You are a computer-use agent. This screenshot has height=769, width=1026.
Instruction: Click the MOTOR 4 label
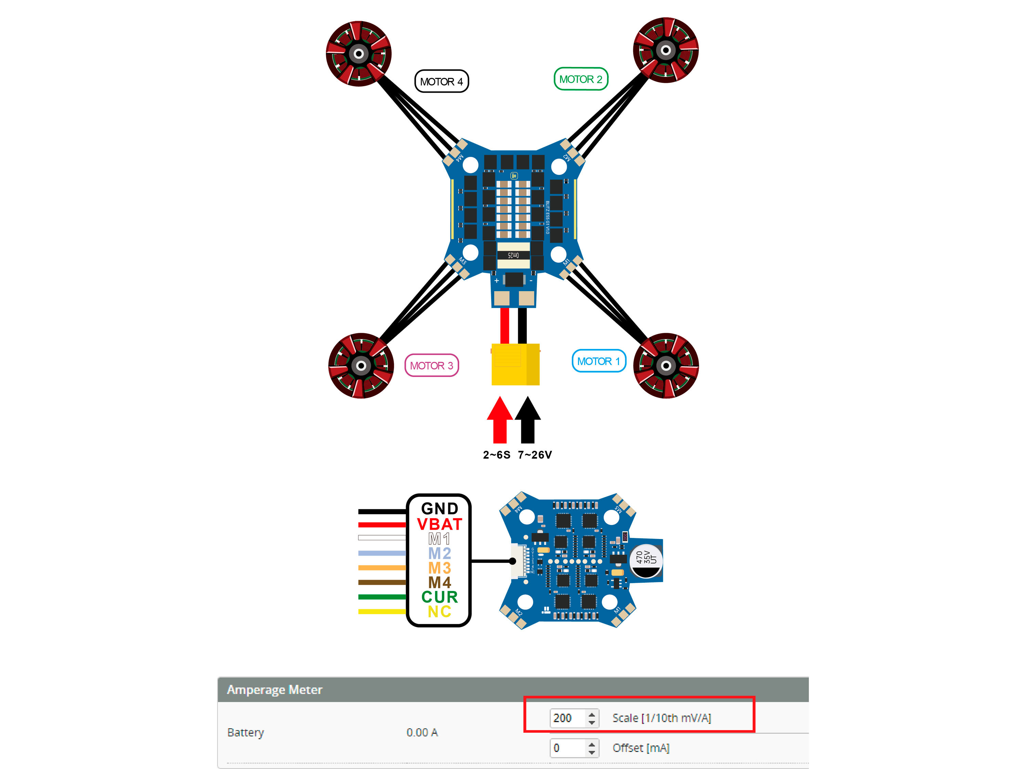tap(441, 82)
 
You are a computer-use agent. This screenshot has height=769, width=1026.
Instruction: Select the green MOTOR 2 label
tap(581, 79)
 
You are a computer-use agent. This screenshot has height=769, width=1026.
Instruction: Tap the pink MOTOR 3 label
tap(431, 366)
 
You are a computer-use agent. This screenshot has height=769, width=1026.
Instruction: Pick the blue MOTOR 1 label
tap(598, 361)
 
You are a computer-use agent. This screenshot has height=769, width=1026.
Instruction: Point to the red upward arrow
tap(500, 420)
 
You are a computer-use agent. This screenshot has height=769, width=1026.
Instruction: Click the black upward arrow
tap(527, 420)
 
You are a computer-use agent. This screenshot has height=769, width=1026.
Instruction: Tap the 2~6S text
tap(496, 455)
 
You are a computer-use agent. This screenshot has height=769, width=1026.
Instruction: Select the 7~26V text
tap(535, 455)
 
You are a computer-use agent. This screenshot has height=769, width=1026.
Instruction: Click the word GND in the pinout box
tap(439, 509)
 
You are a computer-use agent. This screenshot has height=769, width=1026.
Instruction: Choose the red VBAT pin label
tap(439, 524)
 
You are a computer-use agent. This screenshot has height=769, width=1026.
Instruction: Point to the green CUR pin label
tap(439, 596)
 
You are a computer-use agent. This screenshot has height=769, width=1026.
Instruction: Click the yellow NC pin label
tap(439, 611)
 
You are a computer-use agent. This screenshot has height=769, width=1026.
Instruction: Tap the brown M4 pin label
tap(439, 582)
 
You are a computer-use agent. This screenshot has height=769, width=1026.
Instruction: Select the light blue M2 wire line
tap(382, 553)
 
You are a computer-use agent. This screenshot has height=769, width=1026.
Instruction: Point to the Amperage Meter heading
tap(275, 690)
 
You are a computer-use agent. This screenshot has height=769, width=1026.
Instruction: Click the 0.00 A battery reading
tap(422, 732)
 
